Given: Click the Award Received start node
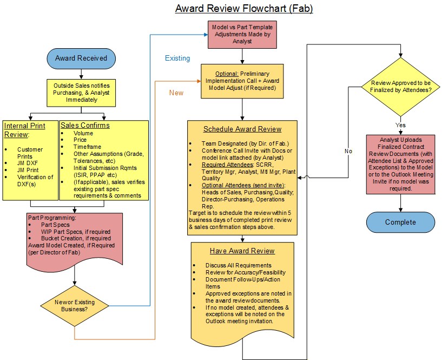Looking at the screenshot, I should pos(81,58).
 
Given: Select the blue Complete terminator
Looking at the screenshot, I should pos(400,222).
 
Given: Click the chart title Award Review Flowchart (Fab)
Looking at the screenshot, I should pos(243,9).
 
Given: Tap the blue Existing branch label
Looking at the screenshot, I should pos(177,57).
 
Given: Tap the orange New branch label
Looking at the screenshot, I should pos(176,93).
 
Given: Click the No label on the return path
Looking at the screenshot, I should pos(349,151).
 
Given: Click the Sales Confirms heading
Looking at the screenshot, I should pos(84,126).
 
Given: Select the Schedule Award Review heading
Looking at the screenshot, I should pos(242,129).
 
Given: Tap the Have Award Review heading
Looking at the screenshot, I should pos(242,251).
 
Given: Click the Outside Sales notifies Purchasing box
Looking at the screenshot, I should pos(80,92).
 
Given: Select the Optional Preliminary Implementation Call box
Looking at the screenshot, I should pos(242,82).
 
